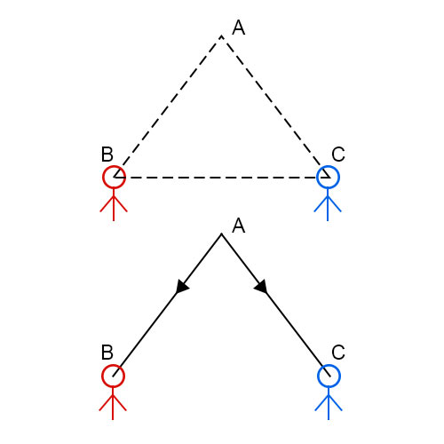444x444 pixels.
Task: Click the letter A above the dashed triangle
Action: [x=239, y=28]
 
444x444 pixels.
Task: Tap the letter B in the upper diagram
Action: [x=107, y=154]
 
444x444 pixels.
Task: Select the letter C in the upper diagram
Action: [x=338, y=154]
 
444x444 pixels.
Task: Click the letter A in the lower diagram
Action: [x=239, y=226]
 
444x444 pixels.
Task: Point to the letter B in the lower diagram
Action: [x=107, y=353]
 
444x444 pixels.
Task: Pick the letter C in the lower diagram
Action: [x=338, y=353]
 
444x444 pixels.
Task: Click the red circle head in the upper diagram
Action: [x=103, y=177]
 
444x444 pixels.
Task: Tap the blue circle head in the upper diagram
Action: [x=316, y=177]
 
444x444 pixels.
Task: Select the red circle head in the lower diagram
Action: [x=102, y=376]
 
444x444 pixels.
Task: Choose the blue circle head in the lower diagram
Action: [x=318, y=376]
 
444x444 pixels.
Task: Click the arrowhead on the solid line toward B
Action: [x=181, y=287]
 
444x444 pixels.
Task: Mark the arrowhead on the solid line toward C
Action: [x=262, y=287]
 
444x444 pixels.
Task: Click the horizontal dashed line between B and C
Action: [x=221, y=178]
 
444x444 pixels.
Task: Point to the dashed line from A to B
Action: [x=168, y=107]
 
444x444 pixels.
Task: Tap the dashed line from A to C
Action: [x=275, y=107]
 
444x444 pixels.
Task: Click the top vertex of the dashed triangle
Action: [x=221, y=36]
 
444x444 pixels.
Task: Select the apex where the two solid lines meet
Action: [x=221, y=234]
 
